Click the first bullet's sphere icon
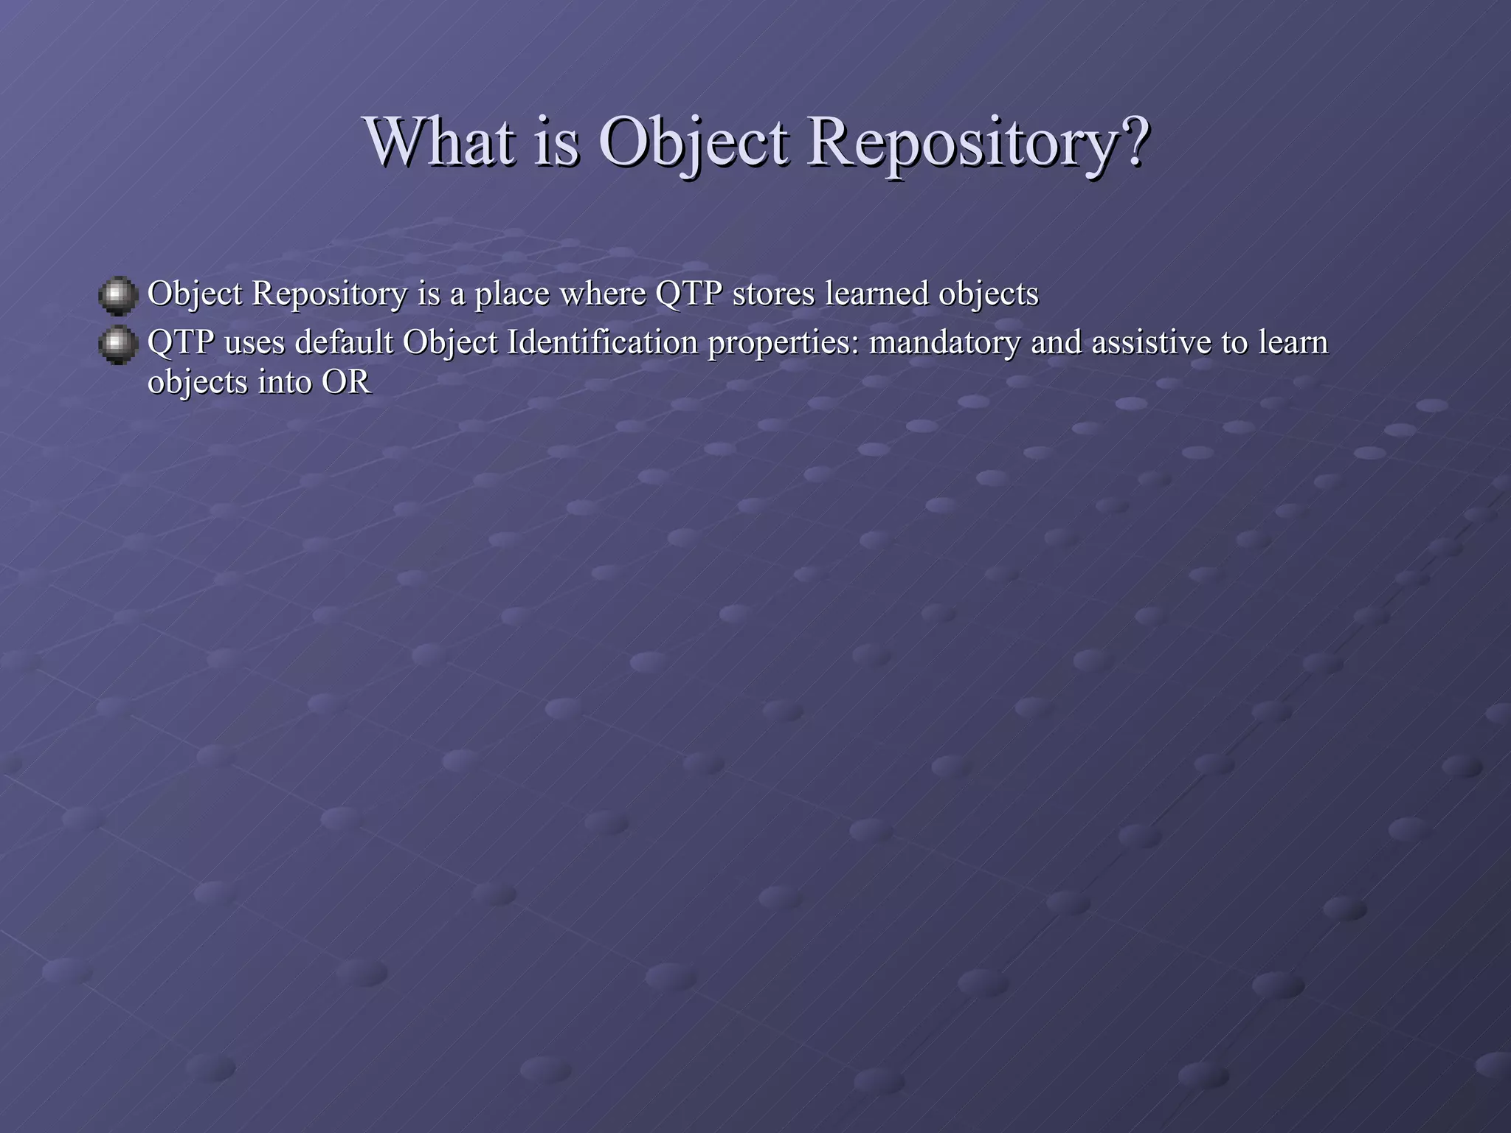pyautogui.click(x=117, y=296)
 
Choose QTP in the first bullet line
pyautogui.click(x=688, y=294)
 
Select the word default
pyautogui.click(x=344, y=342)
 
